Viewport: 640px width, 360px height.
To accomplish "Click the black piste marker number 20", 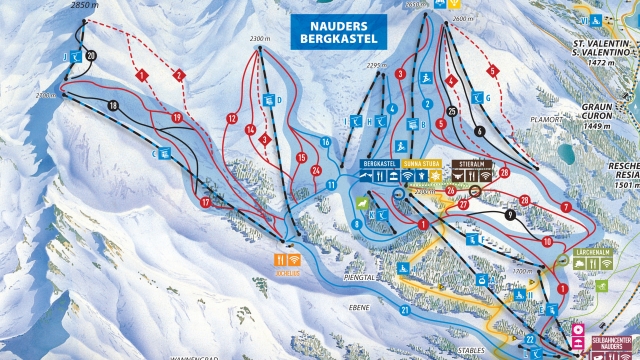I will [x=92, y=56].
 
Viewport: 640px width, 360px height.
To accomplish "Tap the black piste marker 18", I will [x=112, y=105].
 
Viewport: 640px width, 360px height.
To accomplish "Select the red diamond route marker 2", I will [x=179, y=75].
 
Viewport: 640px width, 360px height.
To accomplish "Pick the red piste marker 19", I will [x=176, y=118].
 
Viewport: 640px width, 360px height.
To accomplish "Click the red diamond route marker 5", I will [x=492, y=71].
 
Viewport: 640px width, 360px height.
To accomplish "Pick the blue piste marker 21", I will [x=405, y=310].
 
